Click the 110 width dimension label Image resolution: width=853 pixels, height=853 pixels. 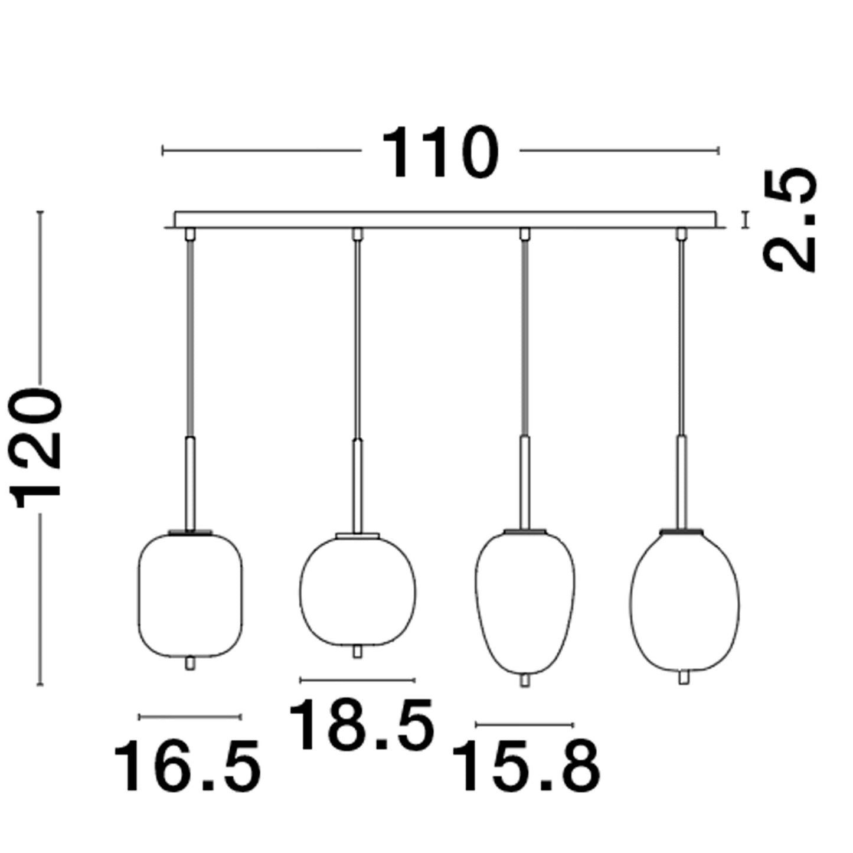click(440, 152)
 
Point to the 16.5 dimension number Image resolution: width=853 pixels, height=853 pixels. click(187, 766)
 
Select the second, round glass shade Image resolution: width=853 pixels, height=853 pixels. click(357, 590)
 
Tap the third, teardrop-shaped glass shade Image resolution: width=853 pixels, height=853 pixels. click(524, 602)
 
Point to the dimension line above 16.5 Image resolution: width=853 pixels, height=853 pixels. click(189, 717)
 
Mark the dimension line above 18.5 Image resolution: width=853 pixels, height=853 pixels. click(357, 680)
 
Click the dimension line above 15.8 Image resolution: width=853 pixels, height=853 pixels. click(524, 724)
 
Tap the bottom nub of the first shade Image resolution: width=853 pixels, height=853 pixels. click(189, 664)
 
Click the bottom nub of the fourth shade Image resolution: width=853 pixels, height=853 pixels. click(684, 678)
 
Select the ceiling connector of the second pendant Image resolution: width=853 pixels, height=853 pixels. click(357, 234)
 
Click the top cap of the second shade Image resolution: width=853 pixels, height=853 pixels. click(357, 535)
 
